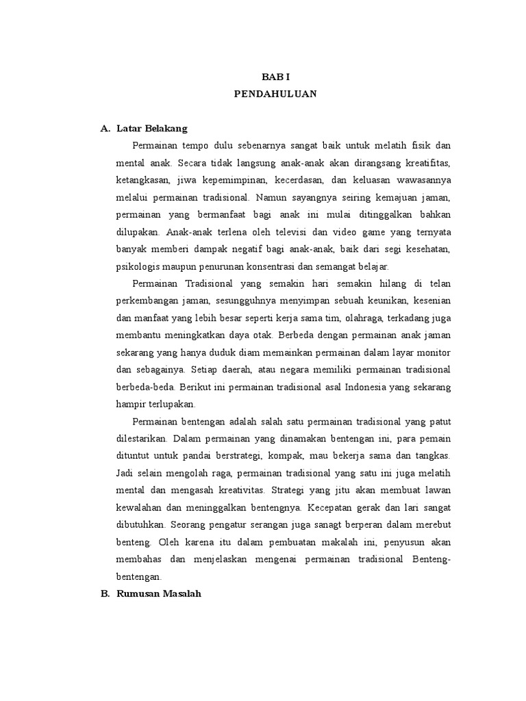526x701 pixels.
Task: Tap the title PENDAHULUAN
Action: point(275,94)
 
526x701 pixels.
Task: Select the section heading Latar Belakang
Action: point(152,129)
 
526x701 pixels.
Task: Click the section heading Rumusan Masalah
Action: point(158,594)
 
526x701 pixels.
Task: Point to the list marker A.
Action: point(105,129)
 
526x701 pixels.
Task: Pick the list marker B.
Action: point(105,594)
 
